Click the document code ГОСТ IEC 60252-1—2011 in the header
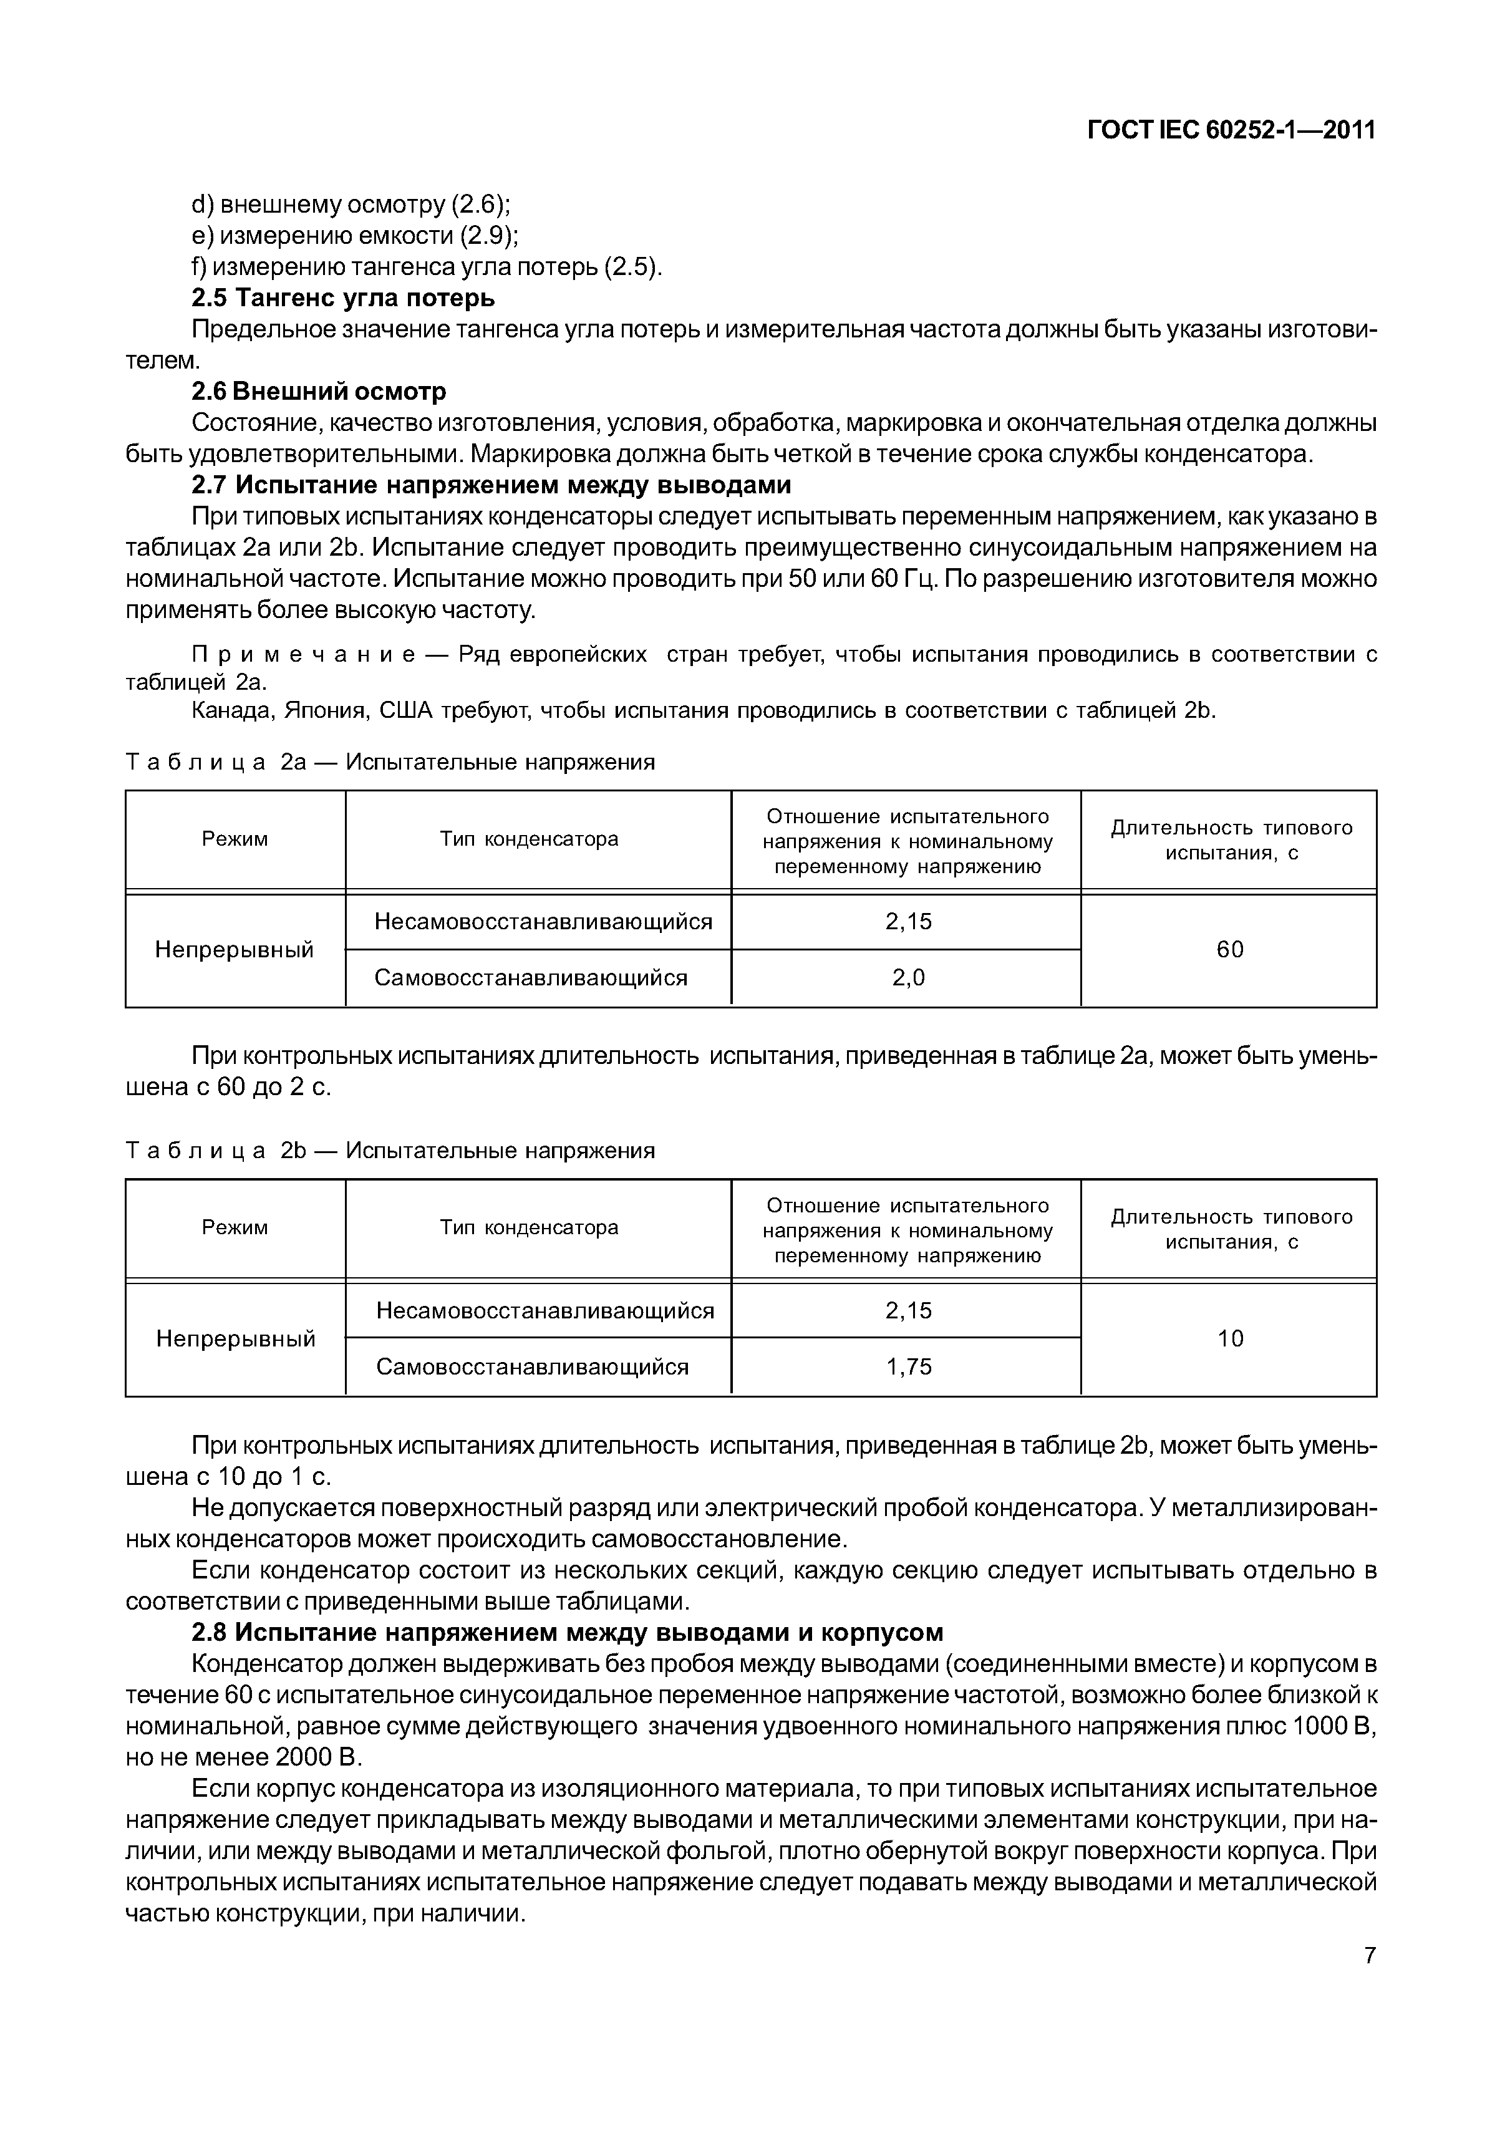click(1231, 130)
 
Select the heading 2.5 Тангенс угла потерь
click(343, 297)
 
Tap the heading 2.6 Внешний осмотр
click(319, 391)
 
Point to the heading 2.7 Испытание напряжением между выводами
click(491, 485)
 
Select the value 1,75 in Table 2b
click(908, 1366)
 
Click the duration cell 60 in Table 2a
click(1229, 949)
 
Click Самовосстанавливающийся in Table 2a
click(531, 977)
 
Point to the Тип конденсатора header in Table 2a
click(528, 838)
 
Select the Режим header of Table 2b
click(235, 1227)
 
